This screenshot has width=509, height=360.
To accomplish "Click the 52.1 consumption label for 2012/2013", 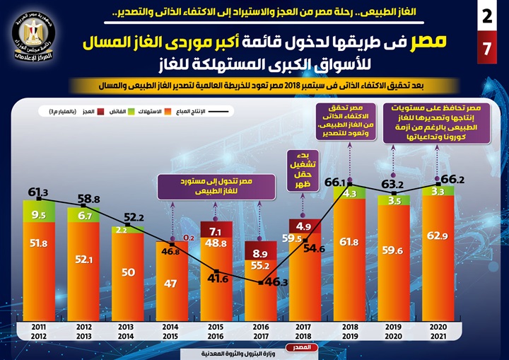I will pos(83,260).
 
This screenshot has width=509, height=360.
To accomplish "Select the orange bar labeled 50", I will pos(127,272).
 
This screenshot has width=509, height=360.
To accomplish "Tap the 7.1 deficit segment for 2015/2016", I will pos(215,231).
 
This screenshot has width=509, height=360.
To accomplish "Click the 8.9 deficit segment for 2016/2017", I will pos(259,252).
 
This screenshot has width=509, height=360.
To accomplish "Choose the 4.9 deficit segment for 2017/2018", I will pos(303,226).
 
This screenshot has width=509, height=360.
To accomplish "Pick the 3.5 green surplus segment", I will pos(393,201).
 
